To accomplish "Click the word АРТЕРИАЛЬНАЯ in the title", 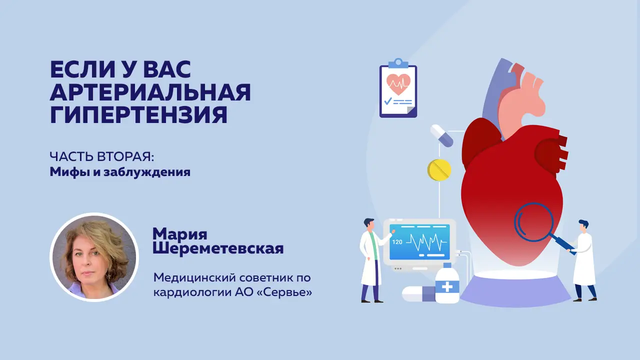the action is click(150, 92).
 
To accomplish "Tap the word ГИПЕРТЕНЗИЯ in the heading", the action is click(139, 114).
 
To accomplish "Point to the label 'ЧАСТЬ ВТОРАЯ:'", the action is click(102, 156).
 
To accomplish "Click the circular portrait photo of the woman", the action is click(94, 257).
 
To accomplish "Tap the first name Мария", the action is click(180, 234).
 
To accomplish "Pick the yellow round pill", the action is click(439, 169).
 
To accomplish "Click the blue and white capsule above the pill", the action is click(441, 135).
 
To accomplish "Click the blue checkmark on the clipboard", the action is click(387, 101).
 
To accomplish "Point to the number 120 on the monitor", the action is click(397, 242).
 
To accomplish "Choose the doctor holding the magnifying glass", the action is click(583, 260).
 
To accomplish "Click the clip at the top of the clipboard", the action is click(398, 63).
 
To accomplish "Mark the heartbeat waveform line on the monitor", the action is click(426, 242).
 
